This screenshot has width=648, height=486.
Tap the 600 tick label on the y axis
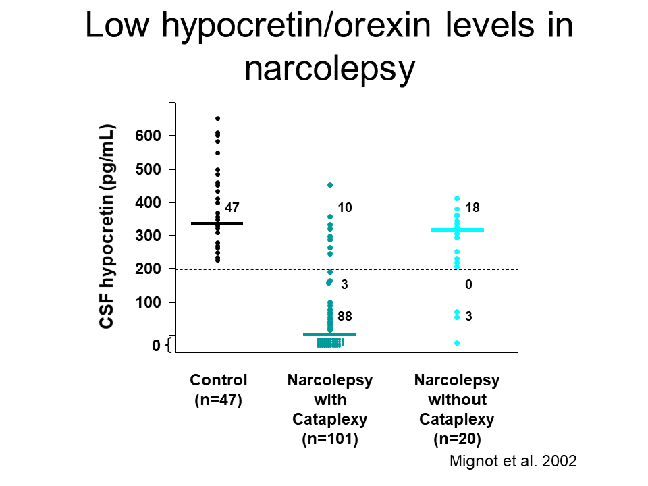(148, 136)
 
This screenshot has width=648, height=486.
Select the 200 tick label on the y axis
(148, 269)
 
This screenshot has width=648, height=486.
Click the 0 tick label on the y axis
(156, 346)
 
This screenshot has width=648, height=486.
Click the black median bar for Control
(217, 223)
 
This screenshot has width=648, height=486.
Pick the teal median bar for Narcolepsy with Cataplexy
(329, 334)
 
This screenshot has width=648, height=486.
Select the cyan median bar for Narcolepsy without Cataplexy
(458, 230)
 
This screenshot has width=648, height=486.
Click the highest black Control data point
(217, 119)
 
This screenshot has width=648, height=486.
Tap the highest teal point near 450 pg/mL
(330, 185)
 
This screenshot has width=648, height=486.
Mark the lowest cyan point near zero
(457, 343)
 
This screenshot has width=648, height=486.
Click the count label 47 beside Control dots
(232, 208)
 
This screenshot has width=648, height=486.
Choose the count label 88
(345, 315)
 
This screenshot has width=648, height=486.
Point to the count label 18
(473, 208)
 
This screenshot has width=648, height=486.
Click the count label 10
(345, 208)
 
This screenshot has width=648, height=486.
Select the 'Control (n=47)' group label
(219, 389)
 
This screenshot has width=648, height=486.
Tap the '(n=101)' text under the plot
(329, 439)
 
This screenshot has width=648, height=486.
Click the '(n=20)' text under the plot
(457, 439)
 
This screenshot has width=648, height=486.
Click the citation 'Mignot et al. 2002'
(513, 462)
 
